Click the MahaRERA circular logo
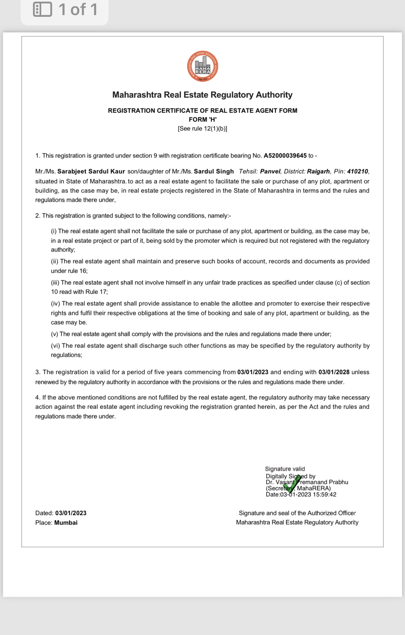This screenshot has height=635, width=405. pos(202,67)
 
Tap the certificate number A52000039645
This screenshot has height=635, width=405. pos(285,156)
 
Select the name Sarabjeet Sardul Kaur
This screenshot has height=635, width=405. pos(91,172)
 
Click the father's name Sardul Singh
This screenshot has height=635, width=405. pos(214,172)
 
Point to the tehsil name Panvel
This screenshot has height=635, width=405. pos(270,172)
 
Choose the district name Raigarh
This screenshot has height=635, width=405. pos(318,172)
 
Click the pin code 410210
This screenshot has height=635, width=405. pos(358,172)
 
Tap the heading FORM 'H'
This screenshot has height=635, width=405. pos(203,119)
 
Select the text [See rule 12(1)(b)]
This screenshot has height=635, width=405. pos(202,129)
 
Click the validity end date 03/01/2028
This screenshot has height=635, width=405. pos(334,372)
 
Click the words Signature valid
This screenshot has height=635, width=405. pos(285,469)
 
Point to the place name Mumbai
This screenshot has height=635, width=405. pos(66,523)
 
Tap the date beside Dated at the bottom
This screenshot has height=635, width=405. pos(71,513)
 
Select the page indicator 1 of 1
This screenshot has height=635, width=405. pos(78,10)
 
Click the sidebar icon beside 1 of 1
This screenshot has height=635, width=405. pos(42,10)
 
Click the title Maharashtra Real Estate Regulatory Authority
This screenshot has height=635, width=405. pos(202,95)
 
